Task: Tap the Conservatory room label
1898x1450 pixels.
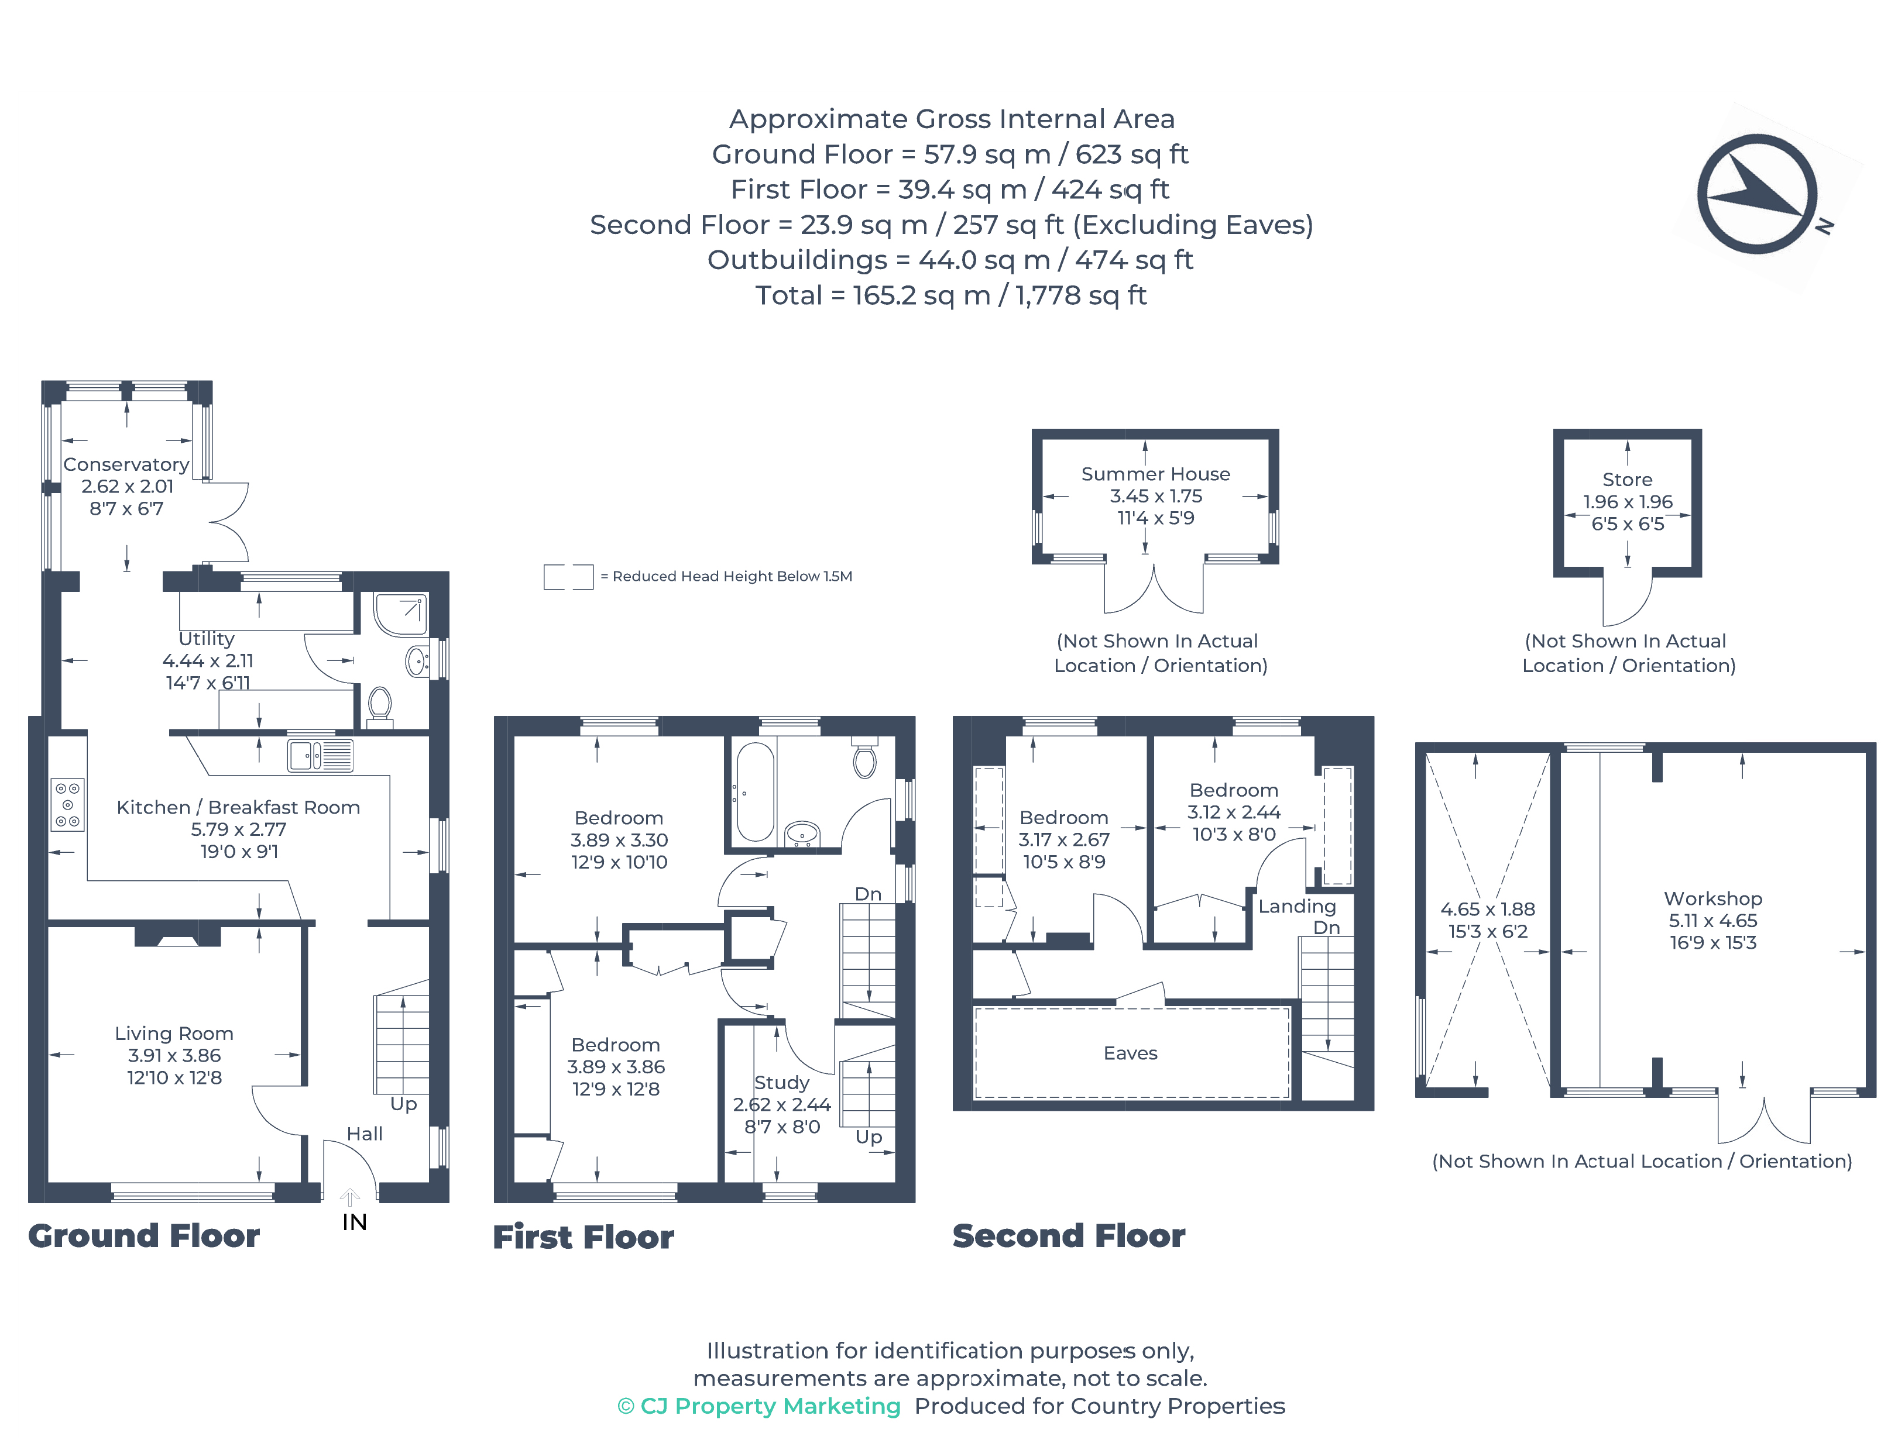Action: (126, 464)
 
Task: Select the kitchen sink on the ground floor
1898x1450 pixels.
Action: (320, 756)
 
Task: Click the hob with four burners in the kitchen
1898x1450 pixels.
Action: (67, 804)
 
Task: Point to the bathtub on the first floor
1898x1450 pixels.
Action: (755, 793)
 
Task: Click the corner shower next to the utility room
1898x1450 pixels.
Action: (401, 614)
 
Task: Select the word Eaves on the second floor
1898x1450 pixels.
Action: (1130, 1053)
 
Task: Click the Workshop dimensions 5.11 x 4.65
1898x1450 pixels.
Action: (1712, 921)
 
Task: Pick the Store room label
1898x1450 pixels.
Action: (1627, 480)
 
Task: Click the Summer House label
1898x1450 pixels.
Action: (1155, 474)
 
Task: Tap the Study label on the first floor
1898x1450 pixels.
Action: (781, 1082)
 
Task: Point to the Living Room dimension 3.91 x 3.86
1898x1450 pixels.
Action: (174, 1056)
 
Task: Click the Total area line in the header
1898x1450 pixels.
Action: (950, 296)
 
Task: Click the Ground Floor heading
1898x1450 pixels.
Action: (143, 1236)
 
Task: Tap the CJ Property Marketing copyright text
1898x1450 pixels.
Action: (759, 1406)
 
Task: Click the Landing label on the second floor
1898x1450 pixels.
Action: (1296, 906)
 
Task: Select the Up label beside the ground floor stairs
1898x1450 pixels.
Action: (403, 1104)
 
